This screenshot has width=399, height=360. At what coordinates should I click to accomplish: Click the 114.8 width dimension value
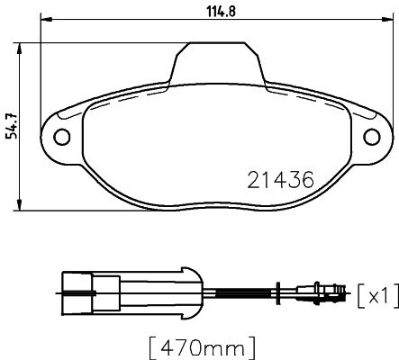coord(222,12)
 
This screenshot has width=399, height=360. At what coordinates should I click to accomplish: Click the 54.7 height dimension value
coord(13,127)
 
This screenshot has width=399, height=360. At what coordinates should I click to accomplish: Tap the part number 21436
coord(280,180)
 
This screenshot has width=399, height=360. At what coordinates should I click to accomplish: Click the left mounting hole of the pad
coord(62,137)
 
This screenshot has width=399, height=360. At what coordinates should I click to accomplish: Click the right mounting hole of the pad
coord(372,137)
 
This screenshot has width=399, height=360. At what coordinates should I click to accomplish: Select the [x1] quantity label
coord(378,295)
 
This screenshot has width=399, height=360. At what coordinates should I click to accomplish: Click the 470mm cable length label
coord(203,348)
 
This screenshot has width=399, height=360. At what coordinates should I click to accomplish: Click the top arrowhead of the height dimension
coord(20,49)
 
